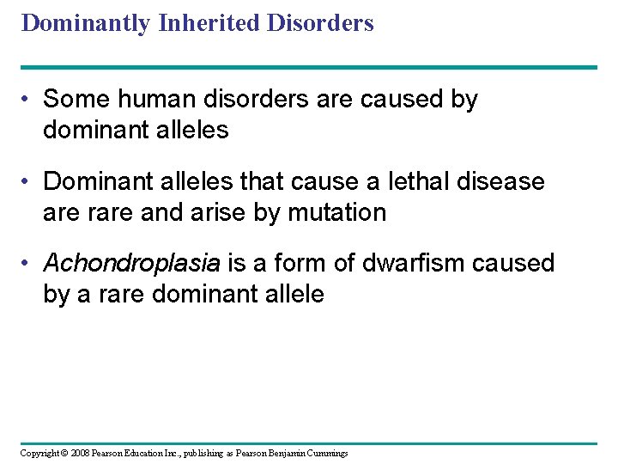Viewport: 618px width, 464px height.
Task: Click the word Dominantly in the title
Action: (x=86, y=23)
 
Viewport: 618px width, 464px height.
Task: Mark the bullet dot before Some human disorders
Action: (x=29, y=99)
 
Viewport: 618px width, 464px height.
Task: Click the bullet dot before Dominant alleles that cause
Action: (x=29, y=181)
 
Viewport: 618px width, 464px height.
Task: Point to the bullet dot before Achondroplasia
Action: (x=29, y=263)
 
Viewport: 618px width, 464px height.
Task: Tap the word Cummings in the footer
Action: (x=326, y=453)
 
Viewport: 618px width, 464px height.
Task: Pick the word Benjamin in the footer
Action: (x=283, y=453)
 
